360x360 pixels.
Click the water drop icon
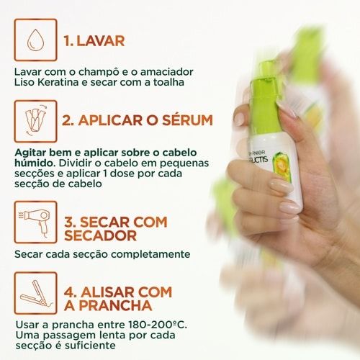click(x=36, y=40)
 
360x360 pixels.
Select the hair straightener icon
click(x=35, y=293)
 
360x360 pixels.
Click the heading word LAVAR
click(x=101, y=41)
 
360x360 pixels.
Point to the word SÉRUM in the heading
click(x=187, y=120)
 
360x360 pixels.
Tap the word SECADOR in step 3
click(x=100, y=235)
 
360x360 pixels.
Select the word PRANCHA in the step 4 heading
click(x=115, y=305)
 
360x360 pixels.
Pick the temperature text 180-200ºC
click(x=158, y=325)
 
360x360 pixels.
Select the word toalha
click(x=168, y=82)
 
